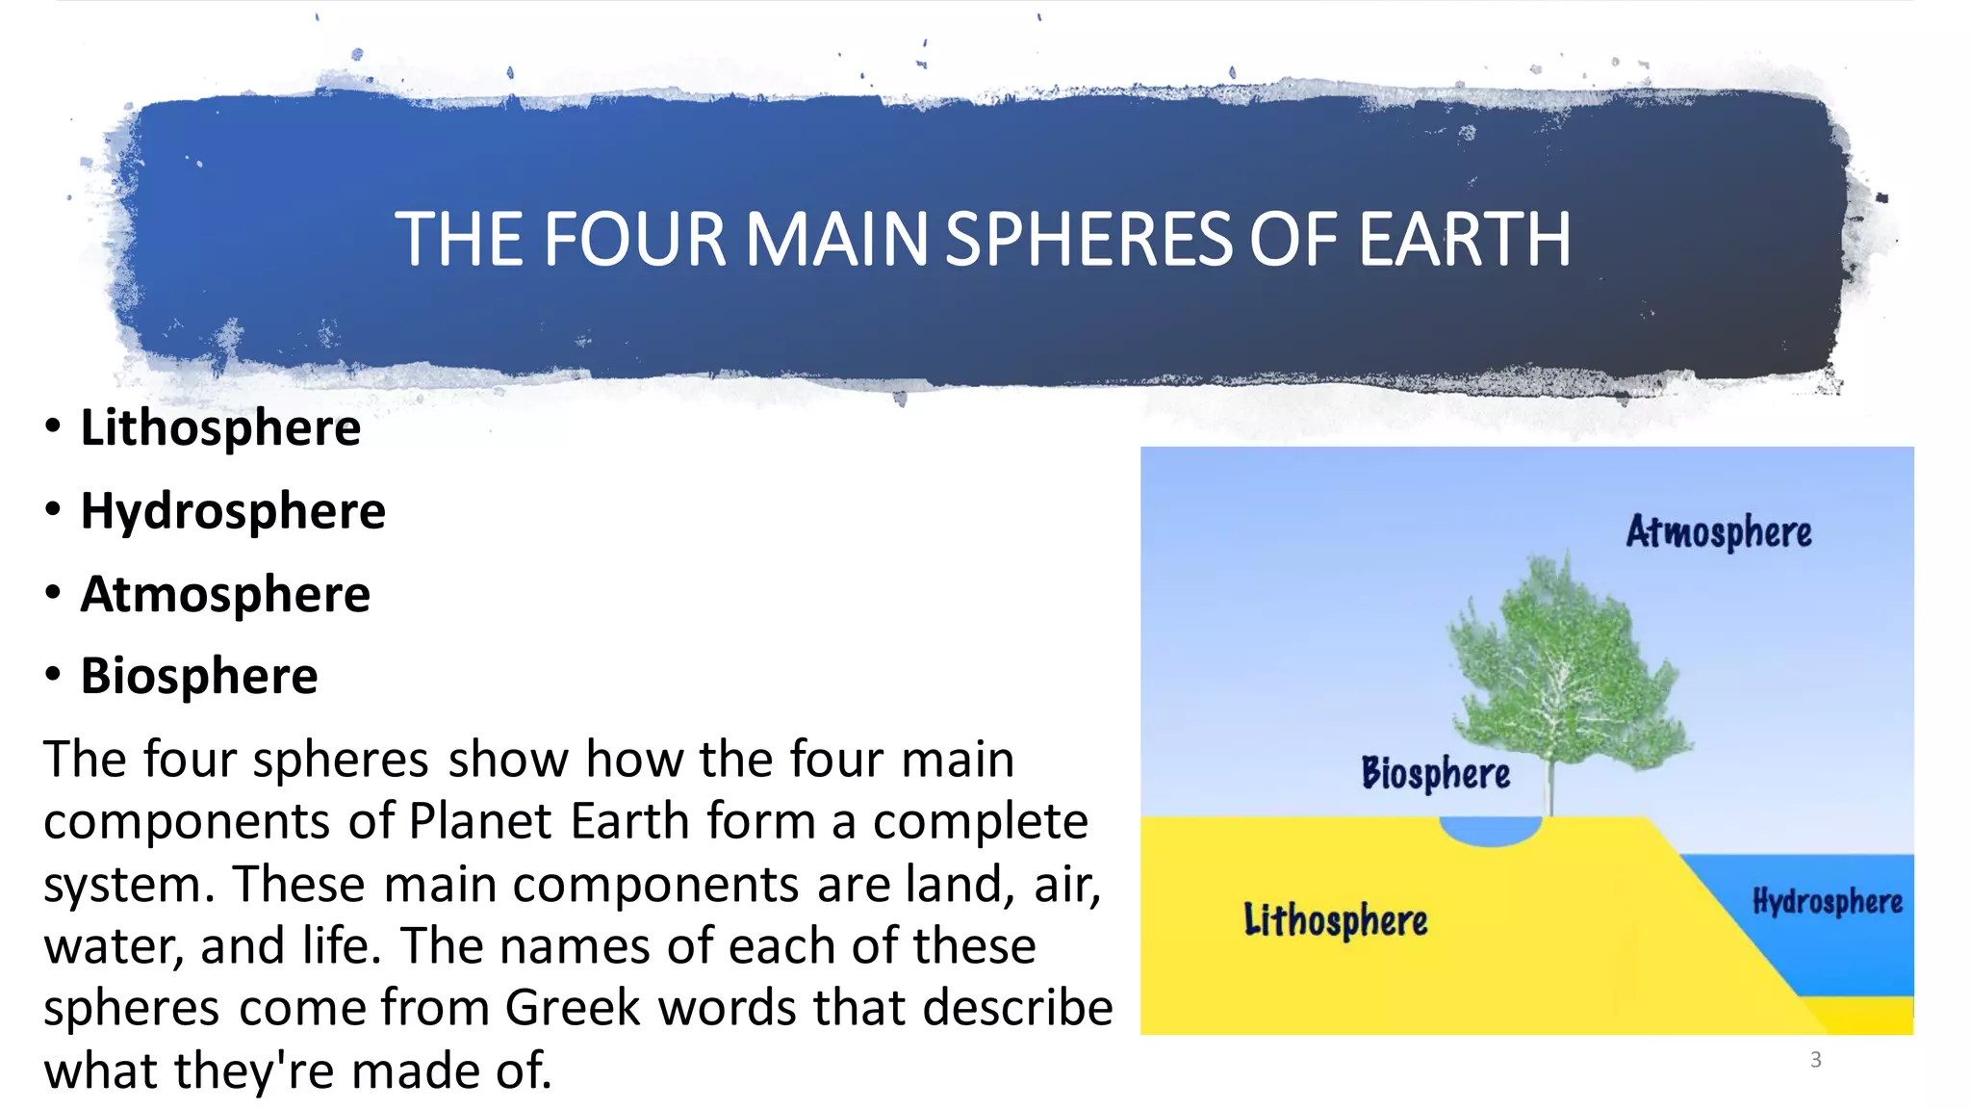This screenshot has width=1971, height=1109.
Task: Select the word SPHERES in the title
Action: tap(1088, 240)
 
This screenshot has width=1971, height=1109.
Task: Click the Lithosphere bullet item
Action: tap(220, 427)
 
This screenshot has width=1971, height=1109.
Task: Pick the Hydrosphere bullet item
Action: tap(233, 510)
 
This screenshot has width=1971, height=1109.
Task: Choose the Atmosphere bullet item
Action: tap(225, 593)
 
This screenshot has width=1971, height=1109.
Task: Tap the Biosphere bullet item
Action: tap(199, 676)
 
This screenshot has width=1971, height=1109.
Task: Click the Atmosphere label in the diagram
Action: tap(1719, 532)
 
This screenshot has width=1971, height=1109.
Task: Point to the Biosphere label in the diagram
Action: tap(1435, 773)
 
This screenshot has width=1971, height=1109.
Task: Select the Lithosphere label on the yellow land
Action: tap(1335, 920)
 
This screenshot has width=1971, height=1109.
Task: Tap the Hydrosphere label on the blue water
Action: tap(1827, 902)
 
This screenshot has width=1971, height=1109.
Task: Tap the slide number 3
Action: tap(1815, 1060)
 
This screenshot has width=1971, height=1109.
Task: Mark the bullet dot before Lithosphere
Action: tap(53, 426)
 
